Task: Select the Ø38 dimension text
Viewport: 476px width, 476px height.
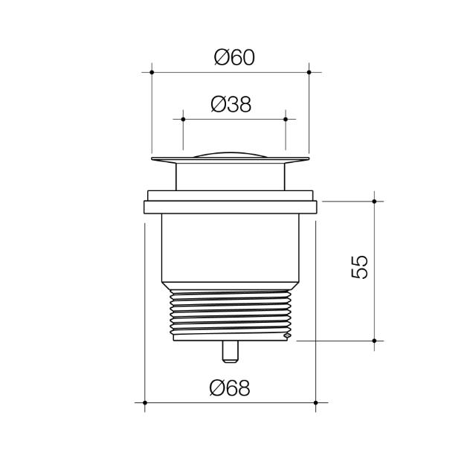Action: click(x=231, y=104)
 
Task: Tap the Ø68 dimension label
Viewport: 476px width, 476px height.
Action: click(x=230, y=387)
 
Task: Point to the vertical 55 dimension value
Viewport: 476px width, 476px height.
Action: click(x=359, y=266)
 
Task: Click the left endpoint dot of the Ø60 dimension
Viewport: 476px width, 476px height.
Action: click(x=152, y=72)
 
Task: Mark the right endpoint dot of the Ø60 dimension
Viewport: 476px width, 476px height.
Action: click(x=309, y=72)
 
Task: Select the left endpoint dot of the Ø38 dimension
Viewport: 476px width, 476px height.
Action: click(x=182, y=118)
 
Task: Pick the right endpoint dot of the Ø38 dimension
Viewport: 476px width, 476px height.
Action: click(x=286, y=118)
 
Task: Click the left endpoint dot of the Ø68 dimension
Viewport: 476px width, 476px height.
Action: click(x=144, y=402)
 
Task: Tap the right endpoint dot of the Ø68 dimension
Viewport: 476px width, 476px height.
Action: click(x=316, y=402)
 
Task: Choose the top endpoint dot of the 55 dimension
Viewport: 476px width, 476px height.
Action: click(x=374, y=201)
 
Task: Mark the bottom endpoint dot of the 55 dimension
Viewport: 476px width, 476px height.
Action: click(x=374, y=341)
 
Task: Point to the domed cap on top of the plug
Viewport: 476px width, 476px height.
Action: click(x=231, y=154)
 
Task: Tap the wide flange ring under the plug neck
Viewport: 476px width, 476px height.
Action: click(x=231, y=207)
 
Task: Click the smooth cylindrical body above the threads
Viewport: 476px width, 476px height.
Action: click(x=231, y=249)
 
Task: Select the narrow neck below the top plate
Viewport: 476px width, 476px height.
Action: click(x=231, y=176)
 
